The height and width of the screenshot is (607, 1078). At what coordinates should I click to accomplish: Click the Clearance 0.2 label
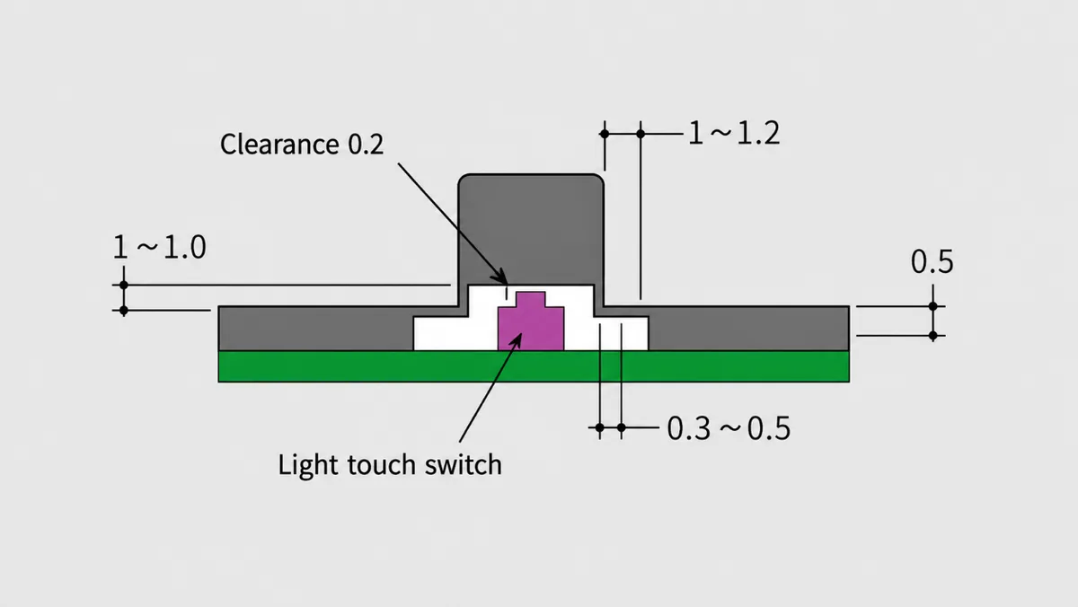(302, 145)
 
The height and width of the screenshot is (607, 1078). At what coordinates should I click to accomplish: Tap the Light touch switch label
(390, 465)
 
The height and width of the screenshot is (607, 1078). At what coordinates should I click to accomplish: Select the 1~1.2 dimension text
(734, 133)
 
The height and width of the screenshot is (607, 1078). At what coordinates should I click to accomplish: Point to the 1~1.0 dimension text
(159, 247)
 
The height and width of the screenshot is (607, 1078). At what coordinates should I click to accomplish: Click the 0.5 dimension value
(932, 262)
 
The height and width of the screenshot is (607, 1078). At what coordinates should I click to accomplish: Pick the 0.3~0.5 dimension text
(729, 428)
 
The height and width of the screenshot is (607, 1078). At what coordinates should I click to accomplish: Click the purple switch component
(531, 321)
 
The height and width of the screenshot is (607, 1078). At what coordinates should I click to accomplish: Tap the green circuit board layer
(534, 366)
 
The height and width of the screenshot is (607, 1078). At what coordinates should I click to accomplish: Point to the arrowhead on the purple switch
(516, 339)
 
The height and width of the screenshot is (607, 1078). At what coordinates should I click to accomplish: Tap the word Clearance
(279, 145)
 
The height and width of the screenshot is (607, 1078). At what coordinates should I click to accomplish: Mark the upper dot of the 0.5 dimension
(932, 306)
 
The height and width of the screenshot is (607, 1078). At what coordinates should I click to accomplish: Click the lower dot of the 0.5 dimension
(932, 335)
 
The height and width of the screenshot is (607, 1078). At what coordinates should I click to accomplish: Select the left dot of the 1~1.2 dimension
(605, 134)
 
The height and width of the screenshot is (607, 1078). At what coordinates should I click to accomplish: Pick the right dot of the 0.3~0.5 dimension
(622, 427)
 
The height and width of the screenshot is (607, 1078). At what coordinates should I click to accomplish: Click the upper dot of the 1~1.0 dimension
(124, 286)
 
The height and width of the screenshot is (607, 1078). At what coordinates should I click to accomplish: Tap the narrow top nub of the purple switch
(531, 299)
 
